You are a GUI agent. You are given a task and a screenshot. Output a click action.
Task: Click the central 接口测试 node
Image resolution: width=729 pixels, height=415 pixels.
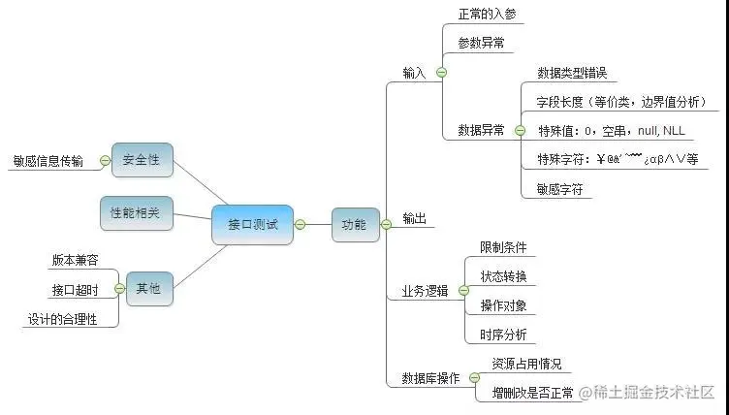pyautogui.click(x=252, y=224)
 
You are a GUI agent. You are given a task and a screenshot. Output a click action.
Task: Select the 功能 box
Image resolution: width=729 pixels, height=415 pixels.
pyautogui.click(x=354, y=224)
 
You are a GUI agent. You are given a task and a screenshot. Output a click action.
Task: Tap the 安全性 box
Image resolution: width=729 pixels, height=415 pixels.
pyautogui.click(x=142, y=160)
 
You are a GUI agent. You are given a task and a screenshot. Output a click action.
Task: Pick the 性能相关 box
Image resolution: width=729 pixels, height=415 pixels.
pyautogui.click(x=136, y=213)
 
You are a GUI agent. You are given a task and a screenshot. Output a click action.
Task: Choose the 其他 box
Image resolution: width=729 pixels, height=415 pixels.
pyautogui.click(x=148, y=288)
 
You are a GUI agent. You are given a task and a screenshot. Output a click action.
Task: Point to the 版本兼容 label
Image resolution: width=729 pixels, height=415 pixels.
pyautogui.click(x=76, y=260)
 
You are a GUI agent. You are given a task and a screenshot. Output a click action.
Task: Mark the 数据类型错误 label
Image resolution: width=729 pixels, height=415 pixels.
pyautogui.click(x=571, y=73)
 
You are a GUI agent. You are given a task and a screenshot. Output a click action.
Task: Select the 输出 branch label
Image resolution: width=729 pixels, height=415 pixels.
pyautogui.click(x=414, y=219)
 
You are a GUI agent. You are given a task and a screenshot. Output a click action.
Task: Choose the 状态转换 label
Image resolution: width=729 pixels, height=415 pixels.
pyautogui.click(x=504, y=276)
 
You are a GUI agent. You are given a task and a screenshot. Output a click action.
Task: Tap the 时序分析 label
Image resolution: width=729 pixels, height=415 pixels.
pyautogui.click(x=504, y=335)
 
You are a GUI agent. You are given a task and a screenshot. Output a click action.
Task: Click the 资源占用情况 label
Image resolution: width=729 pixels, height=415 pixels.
pyautogui.click(x=526, y=365)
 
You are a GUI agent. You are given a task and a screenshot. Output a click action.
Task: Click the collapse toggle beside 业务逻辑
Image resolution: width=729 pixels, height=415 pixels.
pyautogui.click(x=463, y=291)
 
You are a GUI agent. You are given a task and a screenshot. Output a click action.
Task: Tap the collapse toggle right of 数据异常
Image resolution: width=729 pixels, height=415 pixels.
pyautogui.click(x=520, y=130)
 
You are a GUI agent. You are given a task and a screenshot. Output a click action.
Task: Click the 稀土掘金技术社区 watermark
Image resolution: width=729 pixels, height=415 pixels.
pyautogui.click(x=647, y=393)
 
